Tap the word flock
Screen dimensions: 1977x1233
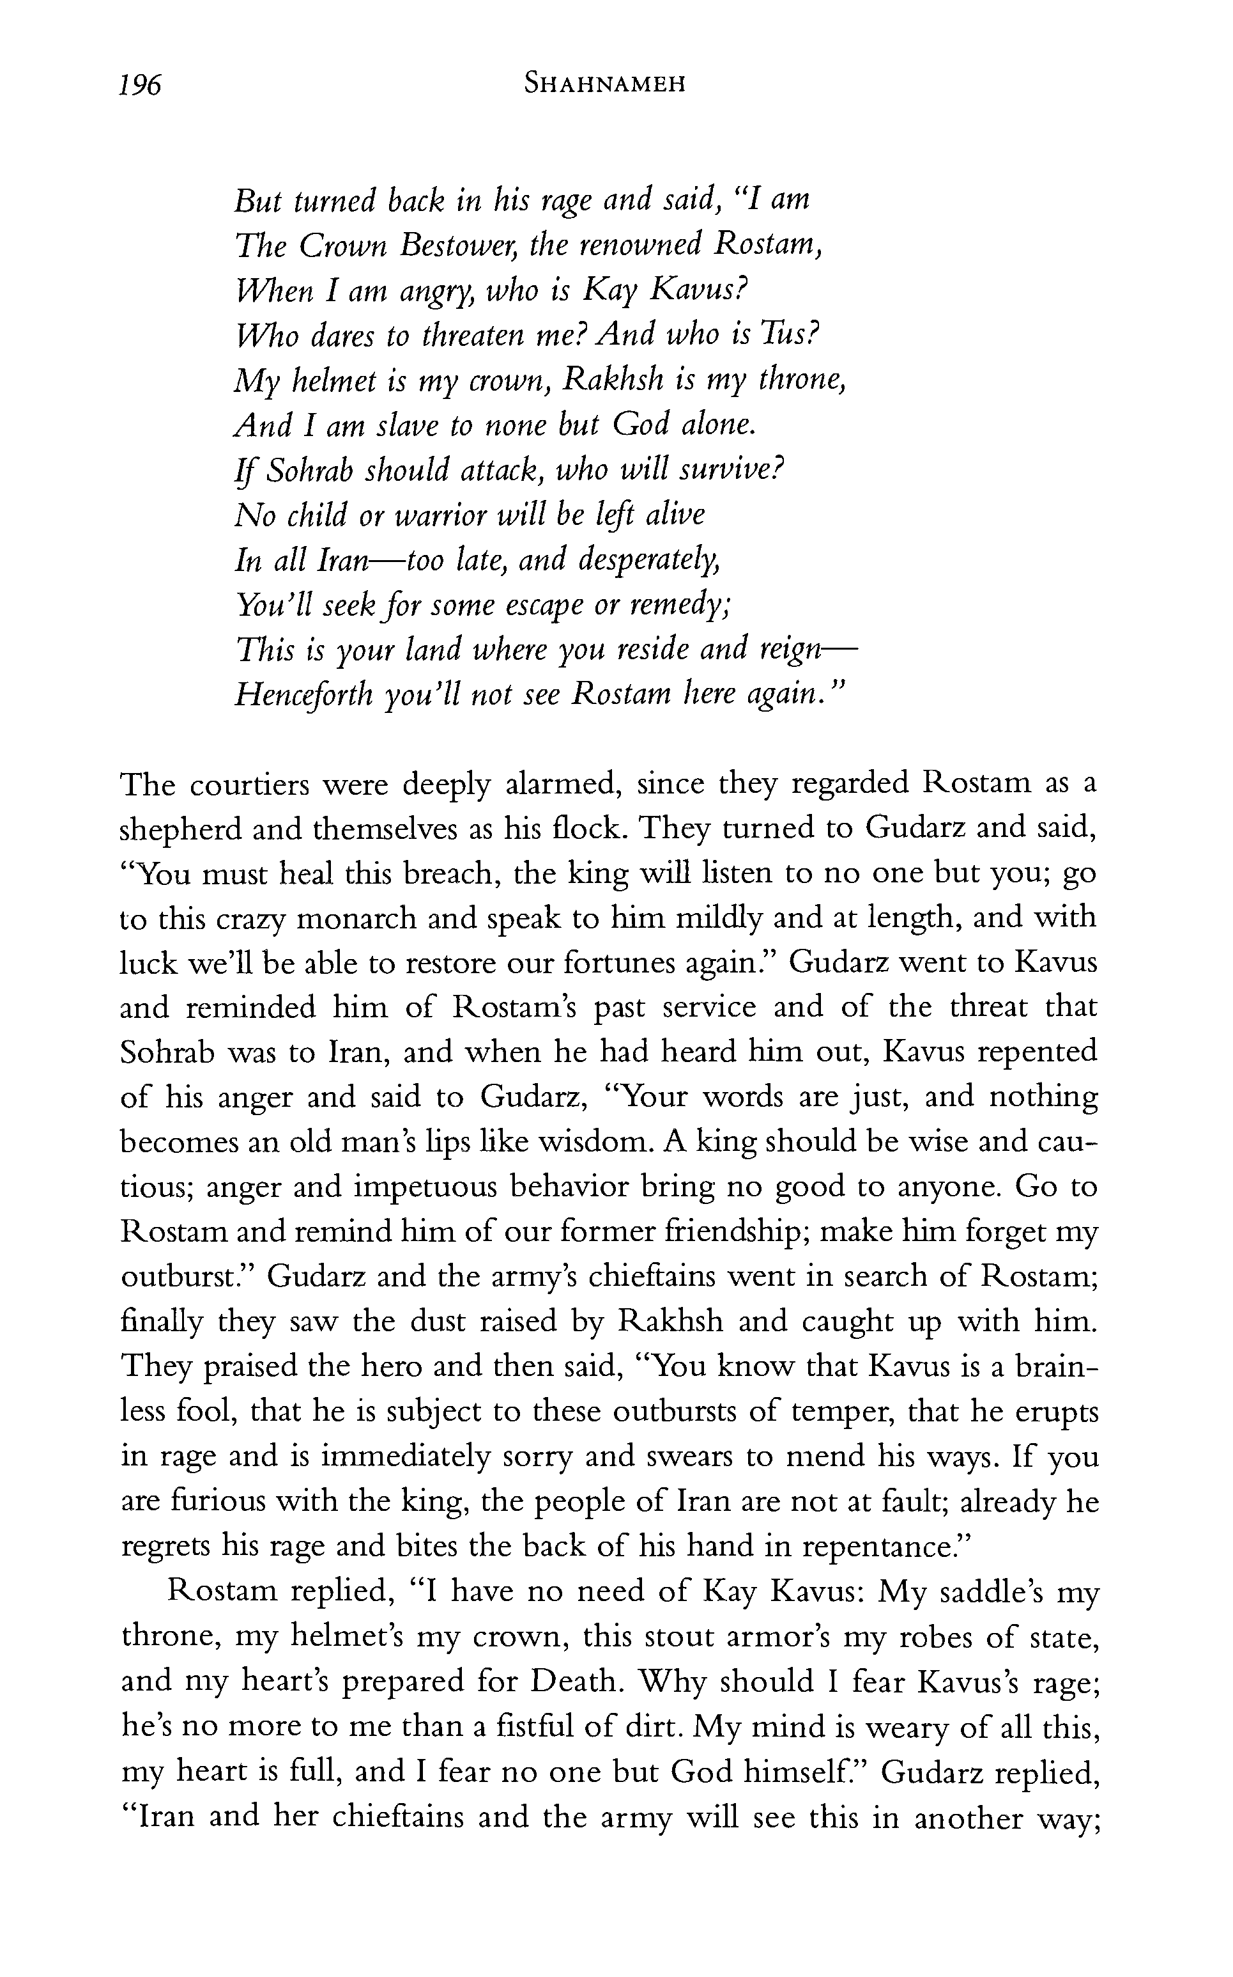pyautogui.click(x=589, y=829)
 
